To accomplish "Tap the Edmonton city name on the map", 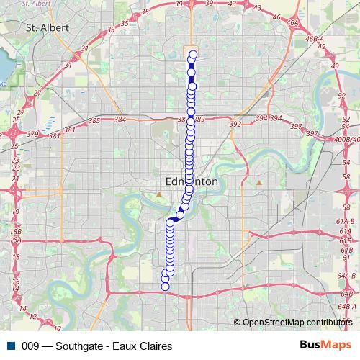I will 192,182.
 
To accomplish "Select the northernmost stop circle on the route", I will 193,54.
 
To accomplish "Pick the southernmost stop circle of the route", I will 165,287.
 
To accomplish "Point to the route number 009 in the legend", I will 30,346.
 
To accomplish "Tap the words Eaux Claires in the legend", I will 144,346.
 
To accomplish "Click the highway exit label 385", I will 94,119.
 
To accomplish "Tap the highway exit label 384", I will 120,119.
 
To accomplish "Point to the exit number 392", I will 235,124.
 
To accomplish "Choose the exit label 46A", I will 292,23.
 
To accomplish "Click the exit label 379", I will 32,133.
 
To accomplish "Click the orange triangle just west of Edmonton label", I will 158,194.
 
